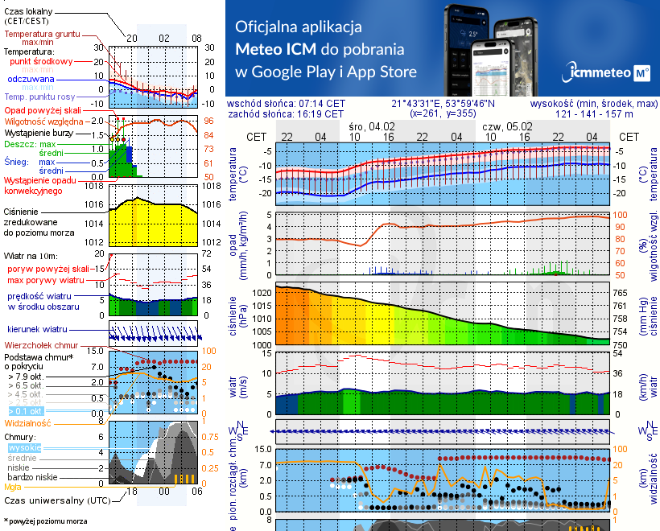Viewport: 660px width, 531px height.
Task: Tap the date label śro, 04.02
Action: tap(372, 126)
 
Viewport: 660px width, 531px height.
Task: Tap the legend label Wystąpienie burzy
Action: tap(39, 131)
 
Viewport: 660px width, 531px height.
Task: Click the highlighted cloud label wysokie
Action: tap(24, 447)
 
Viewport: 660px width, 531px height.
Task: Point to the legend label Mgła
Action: tap(13, 487)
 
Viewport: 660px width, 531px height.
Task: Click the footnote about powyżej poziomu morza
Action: tap(44, 521)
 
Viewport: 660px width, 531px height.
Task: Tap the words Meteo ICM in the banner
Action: tap(278, 48)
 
